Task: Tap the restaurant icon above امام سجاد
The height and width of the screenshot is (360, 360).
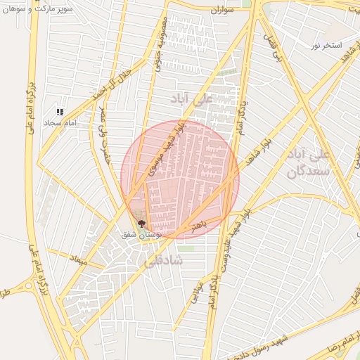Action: coord(60,112)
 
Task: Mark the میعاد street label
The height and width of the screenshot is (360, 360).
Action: coord(77,261)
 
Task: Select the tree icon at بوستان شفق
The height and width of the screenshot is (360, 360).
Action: coord(141,223)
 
